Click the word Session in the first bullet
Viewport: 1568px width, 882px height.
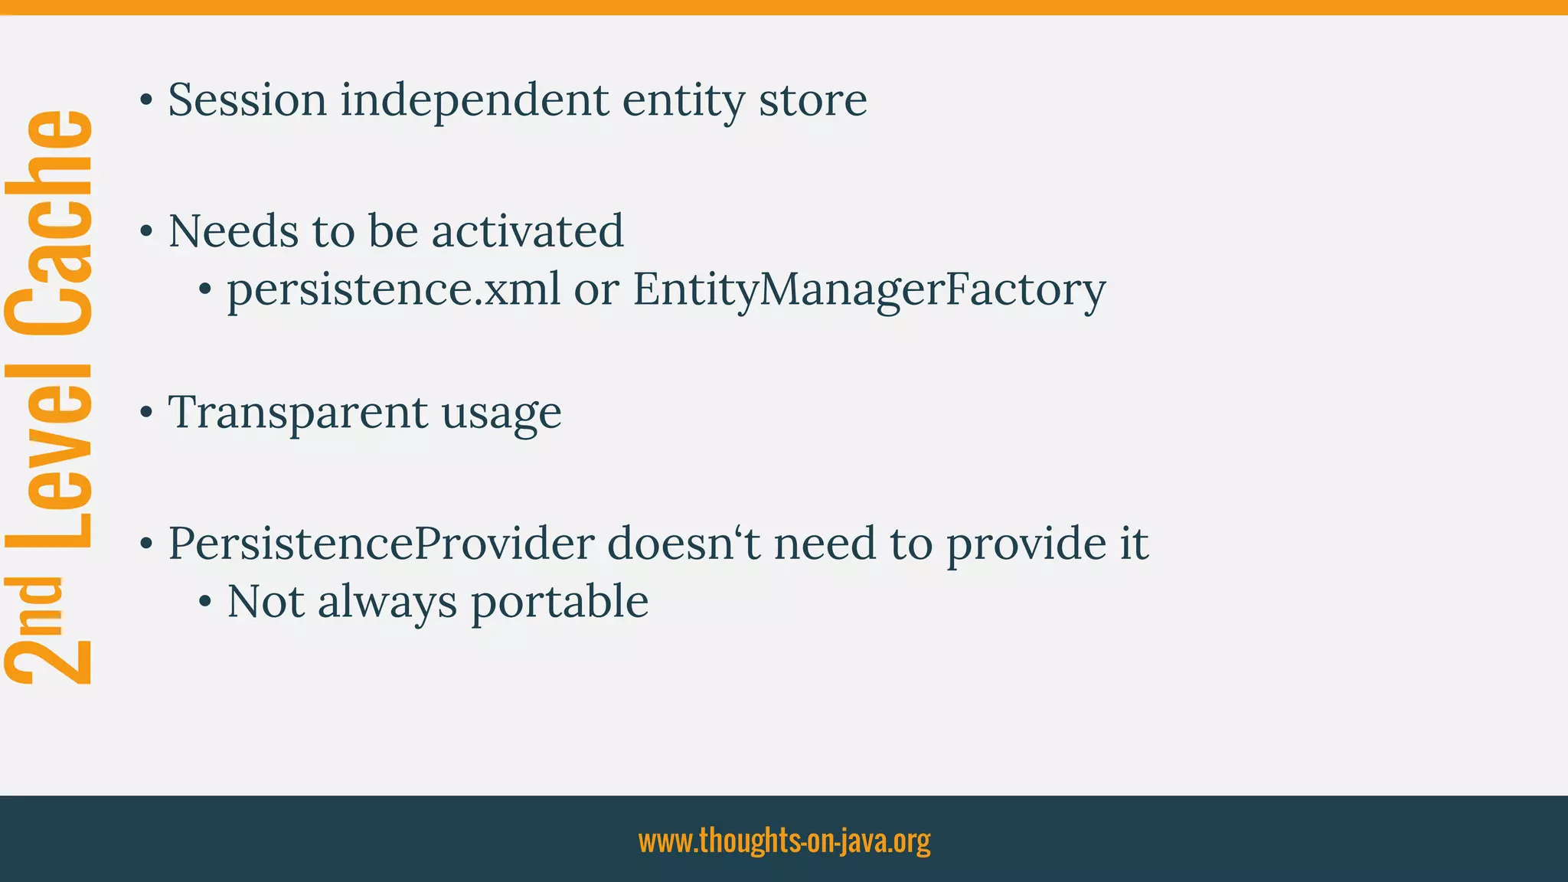(x=247, y=100)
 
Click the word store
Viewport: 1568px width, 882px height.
(x=812, y=100)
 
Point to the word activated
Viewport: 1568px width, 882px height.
(x=528, y=230)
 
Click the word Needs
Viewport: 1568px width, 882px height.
(x=234, y=230)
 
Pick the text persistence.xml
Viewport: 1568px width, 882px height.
(x=394, y=289)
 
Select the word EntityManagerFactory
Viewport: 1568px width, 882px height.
(x=869, y=289)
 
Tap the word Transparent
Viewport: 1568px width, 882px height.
(x=298, y=413)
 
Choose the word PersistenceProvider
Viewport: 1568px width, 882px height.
(x=381, y=544)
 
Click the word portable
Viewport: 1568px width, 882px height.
(x=560, y=602)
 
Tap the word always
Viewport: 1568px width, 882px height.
(x=387, y=602)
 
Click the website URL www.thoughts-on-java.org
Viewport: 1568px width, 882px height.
(x=784, y=841)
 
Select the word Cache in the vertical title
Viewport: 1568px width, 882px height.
(x=50, y=224)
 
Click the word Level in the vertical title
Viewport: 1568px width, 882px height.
(x=50, y=456)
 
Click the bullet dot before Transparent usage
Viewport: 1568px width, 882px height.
(x=146, y=413)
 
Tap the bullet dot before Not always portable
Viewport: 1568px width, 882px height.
(x=204, y=603)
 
